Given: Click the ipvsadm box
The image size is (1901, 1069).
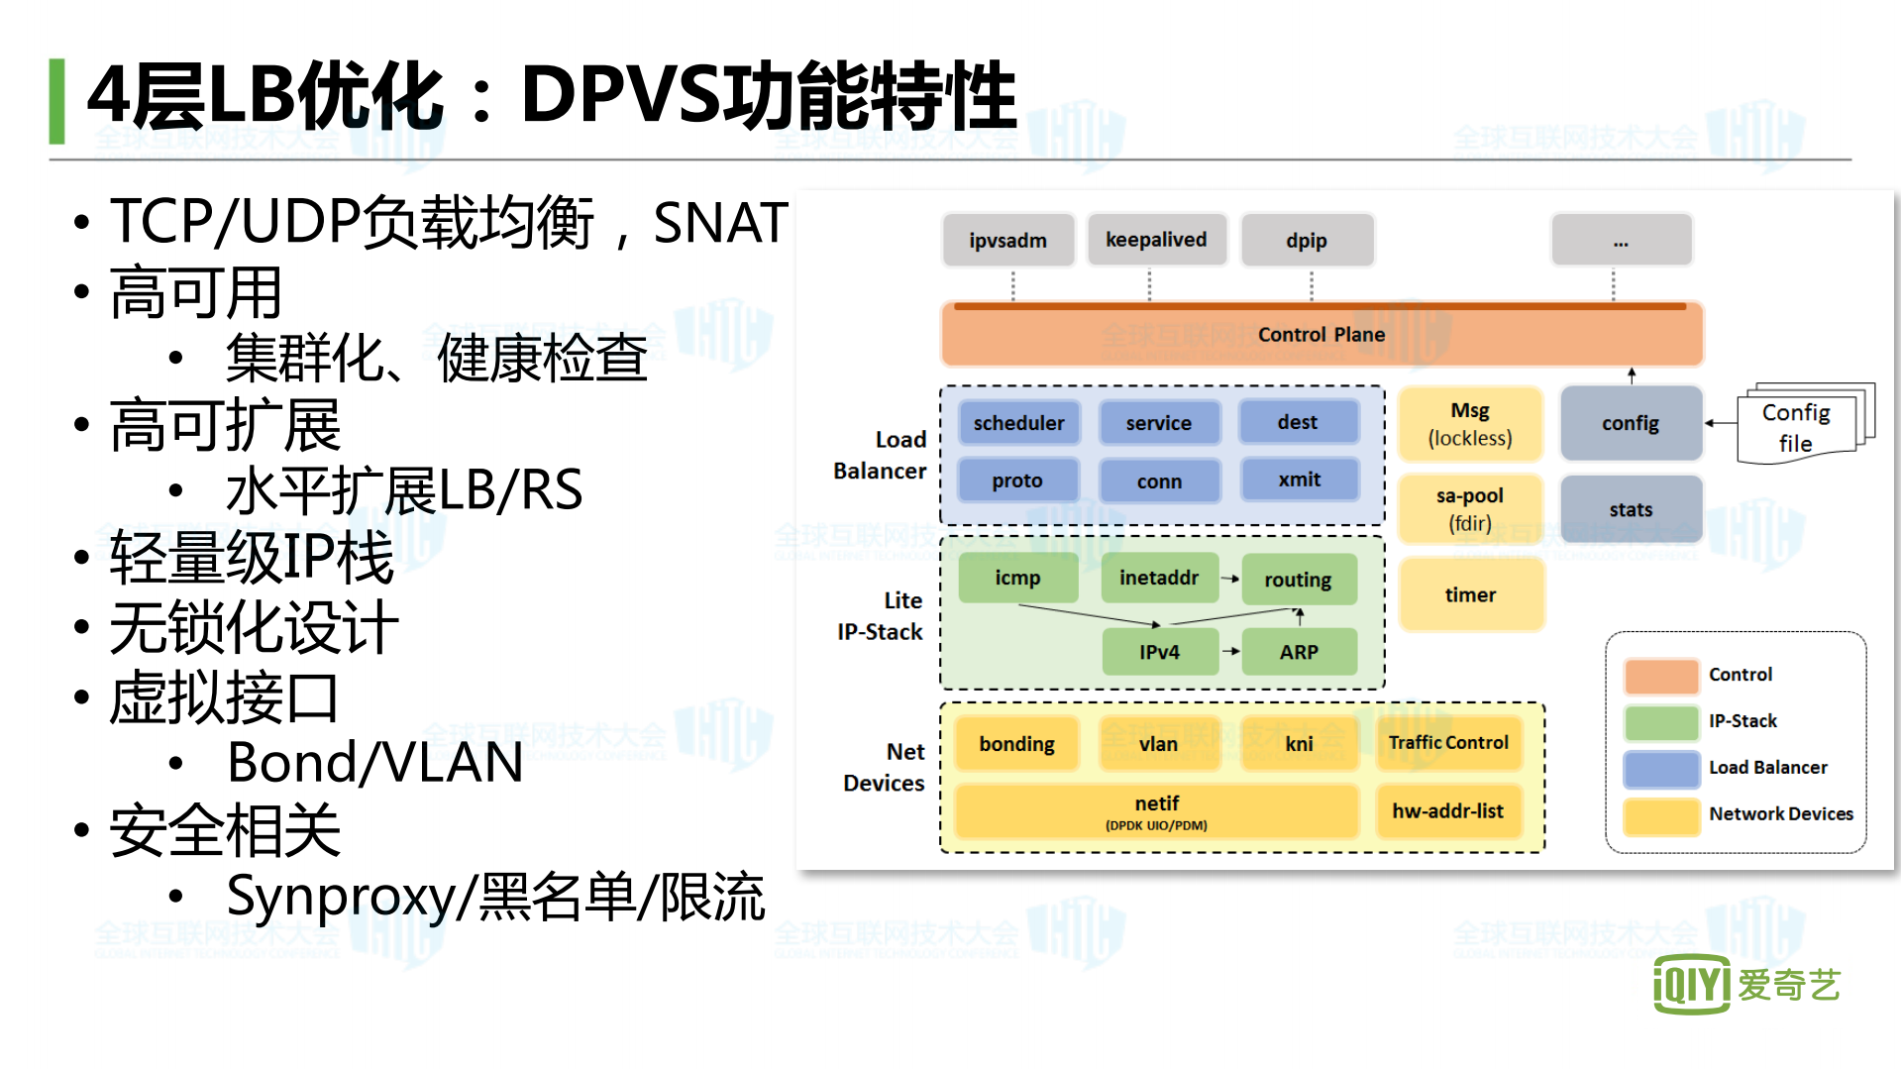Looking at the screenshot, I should click(1007, 241).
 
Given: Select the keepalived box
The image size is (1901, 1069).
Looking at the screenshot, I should click(1156, 240).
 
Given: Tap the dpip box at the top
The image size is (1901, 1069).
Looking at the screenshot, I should click(1307, 241).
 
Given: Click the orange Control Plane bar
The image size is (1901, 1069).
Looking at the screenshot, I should click(1320, 335).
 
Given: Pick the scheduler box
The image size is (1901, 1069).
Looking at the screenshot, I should click(1018, 423).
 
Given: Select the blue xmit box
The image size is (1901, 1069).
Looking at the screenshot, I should click(1299, 480).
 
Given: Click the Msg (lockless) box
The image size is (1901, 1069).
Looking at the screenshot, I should click(1470, 424).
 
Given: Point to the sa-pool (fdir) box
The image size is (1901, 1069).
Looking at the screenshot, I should click(1470, 508).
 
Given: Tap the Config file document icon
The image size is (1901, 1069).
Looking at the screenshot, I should click(1798, 426).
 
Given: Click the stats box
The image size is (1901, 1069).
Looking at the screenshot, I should click(1631, 509).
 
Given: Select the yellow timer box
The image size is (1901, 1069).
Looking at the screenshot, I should click(1470, 594).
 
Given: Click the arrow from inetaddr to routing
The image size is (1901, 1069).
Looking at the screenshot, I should click(1229, 579).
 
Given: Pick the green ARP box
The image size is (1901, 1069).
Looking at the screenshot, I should click(1299, 652).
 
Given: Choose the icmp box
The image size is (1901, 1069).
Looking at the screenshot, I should click(1017, 578).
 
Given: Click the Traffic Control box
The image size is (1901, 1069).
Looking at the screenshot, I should click(1448, 743).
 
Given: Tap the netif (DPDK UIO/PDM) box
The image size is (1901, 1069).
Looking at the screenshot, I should click(1156, 811).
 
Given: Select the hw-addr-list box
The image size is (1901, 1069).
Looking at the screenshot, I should click(1448, 811).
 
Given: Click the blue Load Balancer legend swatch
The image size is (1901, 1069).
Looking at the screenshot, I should click(1661, 768).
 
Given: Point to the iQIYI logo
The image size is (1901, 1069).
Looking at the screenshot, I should click(1745, 984).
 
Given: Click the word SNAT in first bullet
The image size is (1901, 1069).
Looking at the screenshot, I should click(720, 222).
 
